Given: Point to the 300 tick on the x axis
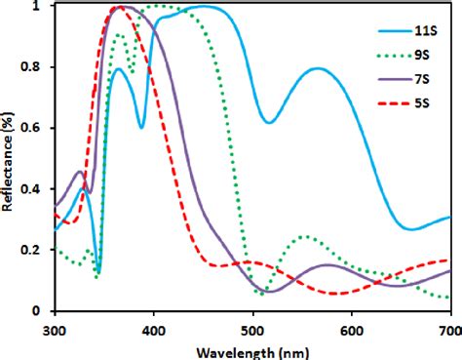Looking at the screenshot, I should (56, 328).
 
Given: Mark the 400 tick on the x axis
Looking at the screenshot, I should (154, 328).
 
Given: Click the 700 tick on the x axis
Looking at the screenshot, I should (446, 328).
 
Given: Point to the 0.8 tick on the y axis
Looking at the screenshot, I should (37, 67).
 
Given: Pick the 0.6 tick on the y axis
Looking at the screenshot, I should (37, 129).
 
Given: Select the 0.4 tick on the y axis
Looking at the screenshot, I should (37, 189).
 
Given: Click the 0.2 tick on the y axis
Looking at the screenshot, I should (37, 250).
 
